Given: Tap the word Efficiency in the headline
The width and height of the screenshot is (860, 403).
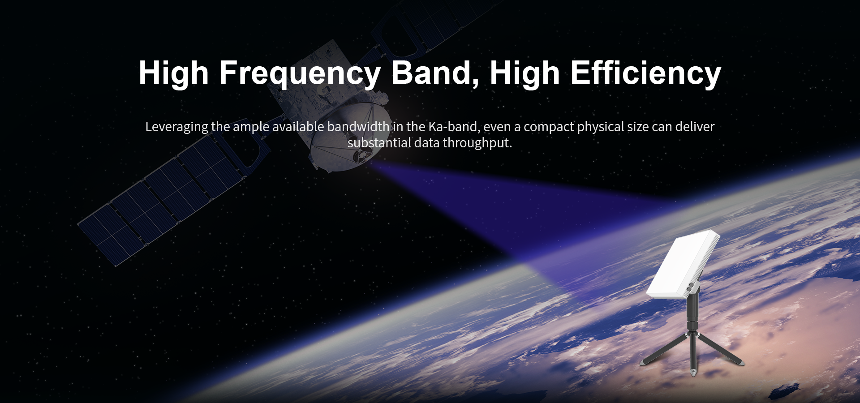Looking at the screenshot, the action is click(645, 73).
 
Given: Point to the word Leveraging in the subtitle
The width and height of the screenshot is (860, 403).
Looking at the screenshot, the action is click(177, 127).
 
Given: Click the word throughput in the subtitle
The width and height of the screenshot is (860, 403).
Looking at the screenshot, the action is click(477, 143).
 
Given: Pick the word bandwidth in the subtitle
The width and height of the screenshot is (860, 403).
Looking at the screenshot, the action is click(358, 127).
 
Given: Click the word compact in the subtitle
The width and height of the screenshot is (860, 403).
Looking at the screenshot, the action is click(548, 127).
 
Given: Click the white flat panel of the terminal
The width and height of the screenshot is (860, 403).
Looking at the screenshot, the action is click(681, 264).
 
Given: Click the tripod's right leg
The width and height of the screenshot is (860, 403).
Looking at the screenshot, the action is click(719, 349).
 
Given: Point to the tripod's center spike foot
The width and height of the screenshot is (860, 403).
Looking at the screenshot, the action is click(693, 372).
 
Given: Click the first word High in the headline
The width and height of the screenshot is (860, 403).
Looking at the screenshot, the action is click(174, 73).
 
